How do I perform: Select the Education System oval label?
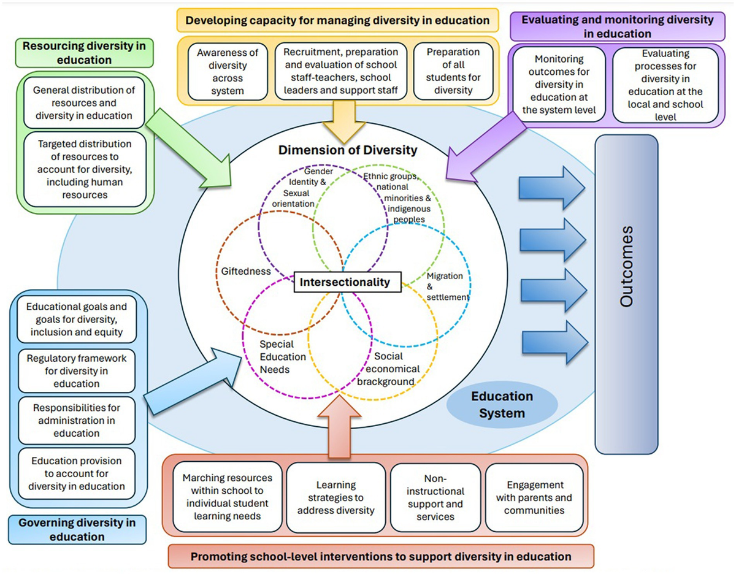(502, 405)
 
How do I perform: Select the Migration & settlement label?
(447, 286)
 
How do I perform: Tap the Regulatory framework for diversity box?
(76, 371)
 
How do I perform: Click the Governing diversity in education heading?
(77, 530)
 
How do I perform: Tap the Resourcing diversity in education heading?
(67, 53)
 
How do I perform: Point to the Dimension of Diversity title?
(347, 150)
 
